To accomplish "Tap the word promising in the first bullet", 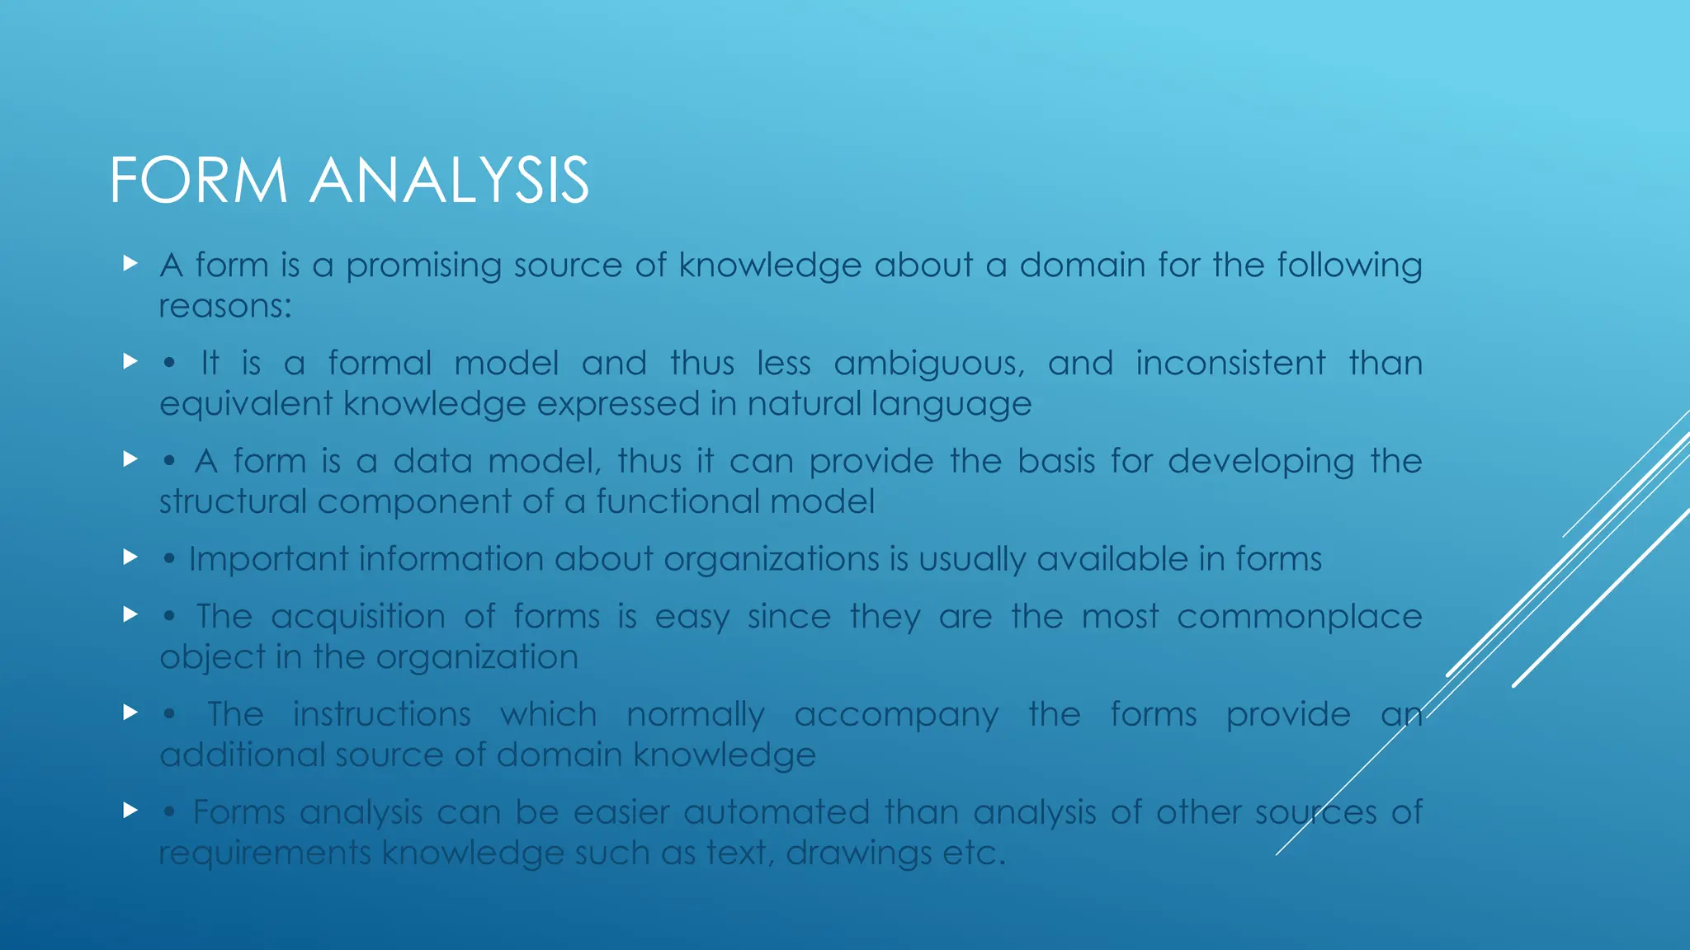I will coord(423,266).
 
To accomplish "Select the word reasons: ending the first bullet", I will coord(225,307).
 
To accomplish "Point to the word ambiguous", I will coord(929,364).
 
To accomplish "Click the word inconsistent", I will coord(1230,364).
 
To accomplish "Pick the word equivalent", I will coord(247,405).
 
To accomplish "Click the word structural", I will coord(233,501).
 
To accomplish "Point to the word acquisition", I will coord(358,617).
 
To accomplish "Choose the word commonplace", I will coord(1299,617).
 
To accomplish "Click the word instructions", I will coord(381,714).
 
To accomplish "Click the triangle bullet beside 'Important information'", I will coord(130,557).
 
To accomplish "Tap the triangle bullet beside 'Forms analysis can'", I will coord(130,811).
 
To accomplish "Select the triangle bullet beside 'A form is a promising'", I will coord(130,264).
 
